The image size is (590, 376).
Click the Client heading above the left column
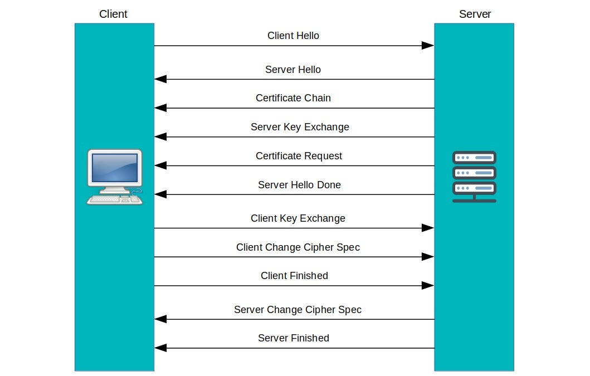(113, 14)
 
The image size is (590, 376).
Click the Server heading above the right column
(475, 14)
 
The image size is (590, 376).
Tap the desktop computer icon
(115, 177)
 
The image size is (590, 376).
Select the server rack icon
(474, 177)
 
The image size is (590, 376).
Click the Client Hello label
(293, 36)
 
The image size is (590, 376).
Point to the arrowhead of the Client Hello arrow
(428, 46)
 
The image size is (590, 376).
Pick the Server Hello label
(292, 70)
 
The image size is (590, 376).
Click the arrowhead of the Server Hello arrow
(160, 80)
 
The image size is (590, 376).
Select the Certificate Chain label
(293, 98)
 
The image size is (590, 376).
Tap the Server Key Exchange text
(300, 127)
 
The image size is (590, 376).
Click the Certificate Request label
(299, 156)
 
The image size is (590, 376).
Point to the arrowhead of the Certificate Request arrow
(160, 165)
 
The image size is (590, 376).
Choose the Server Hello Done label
(299, 185)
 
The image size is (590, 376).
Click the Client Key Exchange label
(298, 218)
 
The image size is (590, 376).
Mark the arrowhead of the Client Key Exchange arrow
(428, 228)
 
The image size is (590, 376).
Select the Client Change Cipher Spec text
(298, 247)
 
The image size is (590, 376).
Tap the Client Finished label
(294, 276)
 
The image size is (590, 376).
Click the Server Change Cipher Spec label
(298, 309)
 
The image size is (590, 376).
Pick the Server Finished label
(294, 338)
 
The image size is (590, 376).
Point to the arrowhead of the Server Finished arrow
(160, 348)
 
